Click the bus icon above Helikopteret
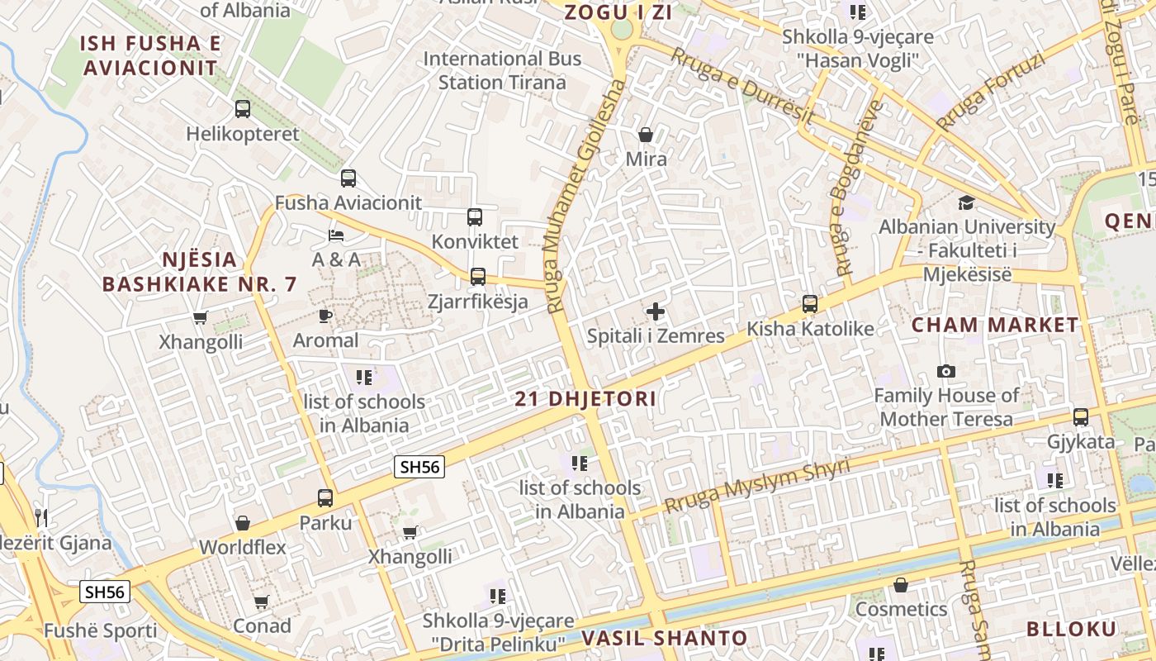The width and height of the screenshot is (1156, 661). coord(243,108)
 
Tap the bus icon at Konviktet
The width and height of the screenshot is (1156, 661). coord(475,217)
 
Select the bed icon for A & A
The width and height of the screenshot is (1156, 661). coord(336,235)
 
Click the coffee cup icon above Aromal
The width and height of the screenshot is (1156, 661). coord(325,316)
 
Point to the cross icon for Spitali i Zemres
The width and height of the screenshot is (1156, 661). coord(656,311)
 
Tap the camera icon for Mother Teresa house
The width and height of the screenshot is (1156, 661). coord(946,371)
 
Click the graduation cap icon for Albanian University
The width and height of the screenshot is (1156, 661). coord(966,202)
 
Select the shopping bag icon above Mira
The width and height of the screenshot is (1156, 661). coord(646,134)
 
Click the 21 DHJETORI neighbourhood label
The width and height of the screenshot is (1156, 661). coord(585,399)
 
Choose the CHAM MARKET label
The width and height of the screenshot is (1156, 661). coord(995,325)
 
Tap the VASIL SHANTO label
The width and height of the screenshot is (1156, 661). coord(665,638)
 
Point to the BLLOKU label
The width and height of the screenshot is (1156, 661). coord(1071,628)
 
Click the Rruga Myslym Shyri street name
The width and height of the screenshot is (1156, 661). coord(756,486)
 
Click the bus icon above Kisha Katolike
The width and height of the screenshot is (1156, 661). coord(810,304)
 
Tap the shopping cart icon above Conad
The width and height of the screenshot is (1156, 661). coord(262,602)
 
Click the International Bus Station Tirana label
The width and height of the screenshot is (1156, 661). coord(502,70)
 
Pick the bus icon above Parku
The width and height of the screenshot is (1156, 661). coord(325,497)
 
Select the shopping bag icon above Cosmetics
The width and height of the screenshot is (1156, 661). coord(901,585)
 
